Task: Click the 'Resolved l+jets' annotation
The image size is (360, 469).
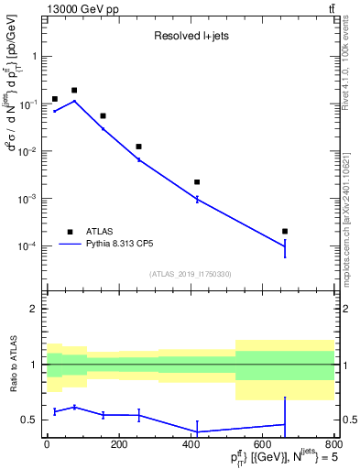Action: pyautogui.click(x=190, y=38)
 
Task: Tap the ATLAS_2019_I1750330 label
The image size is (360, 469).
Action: pyautogui.click(x=189, y=274)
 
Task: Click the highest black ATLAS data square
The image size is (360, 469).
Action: pyautogui.click(x=74, y=91)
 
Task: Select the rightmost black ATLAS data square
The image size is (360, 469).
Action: pyautogui.click(x=285, y=231)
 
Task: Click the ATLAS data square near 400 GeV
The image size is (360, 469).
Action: pyautogui.click(x=197, y=182)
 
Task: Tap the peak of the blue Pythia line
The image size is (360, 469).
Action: pyautogui.click(x=74, y=101)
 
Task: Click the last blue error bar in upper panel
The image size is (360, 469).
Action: pyautogui.click(x=285, y=247)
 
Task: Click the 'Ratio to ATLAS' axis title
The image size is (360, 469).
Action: pyautogui.click(x=13, y=365)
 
